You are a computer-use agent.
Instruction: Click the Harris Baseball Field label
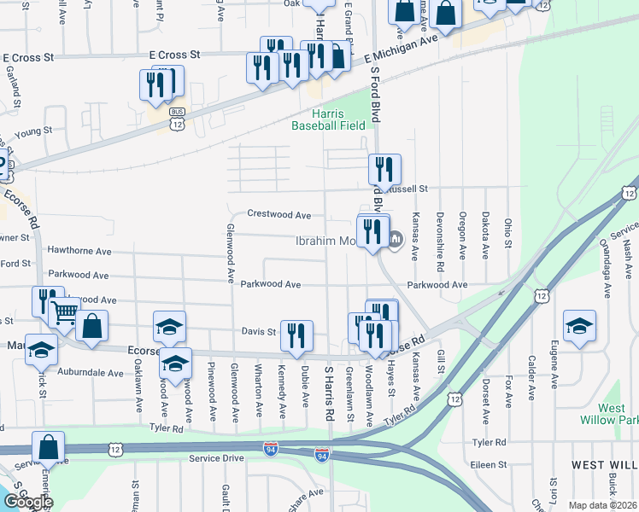pyautogui.click(x=329, y=119)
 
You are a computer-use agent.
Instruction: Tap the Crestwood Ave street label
pyautogui.click(x=278, y=214)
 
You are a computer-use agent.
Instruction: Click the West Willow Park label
pyautogui.click(x=617, y=415)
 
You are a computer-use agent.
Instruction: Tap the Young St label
pyautogui.click(x=33, y=131)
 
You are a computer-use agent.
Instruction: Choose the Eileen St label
pyautogui.click(x=490, y=465)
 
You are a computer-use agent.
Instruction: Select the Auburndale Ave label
pyautogui.click(x=91, y=373)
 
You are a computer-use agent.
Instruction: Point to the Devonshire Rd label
pyautogui.click(x=440, y=236)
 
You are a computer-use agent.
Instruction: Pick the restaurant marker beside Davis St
pyautogui.click(x=296, y=334)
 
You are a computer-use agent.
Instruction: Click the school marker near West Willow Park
pyautogui.click(x=579, y=325)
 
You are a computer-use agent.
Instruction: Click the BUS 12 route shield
pyautogui.click(x=177, y=119)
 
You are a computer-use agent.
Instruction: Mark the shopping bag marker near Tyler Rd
pyautogui.click(x=50, y=445)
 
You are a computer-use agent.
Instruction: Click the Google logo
pyautogui.click(x=27, y=501)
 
